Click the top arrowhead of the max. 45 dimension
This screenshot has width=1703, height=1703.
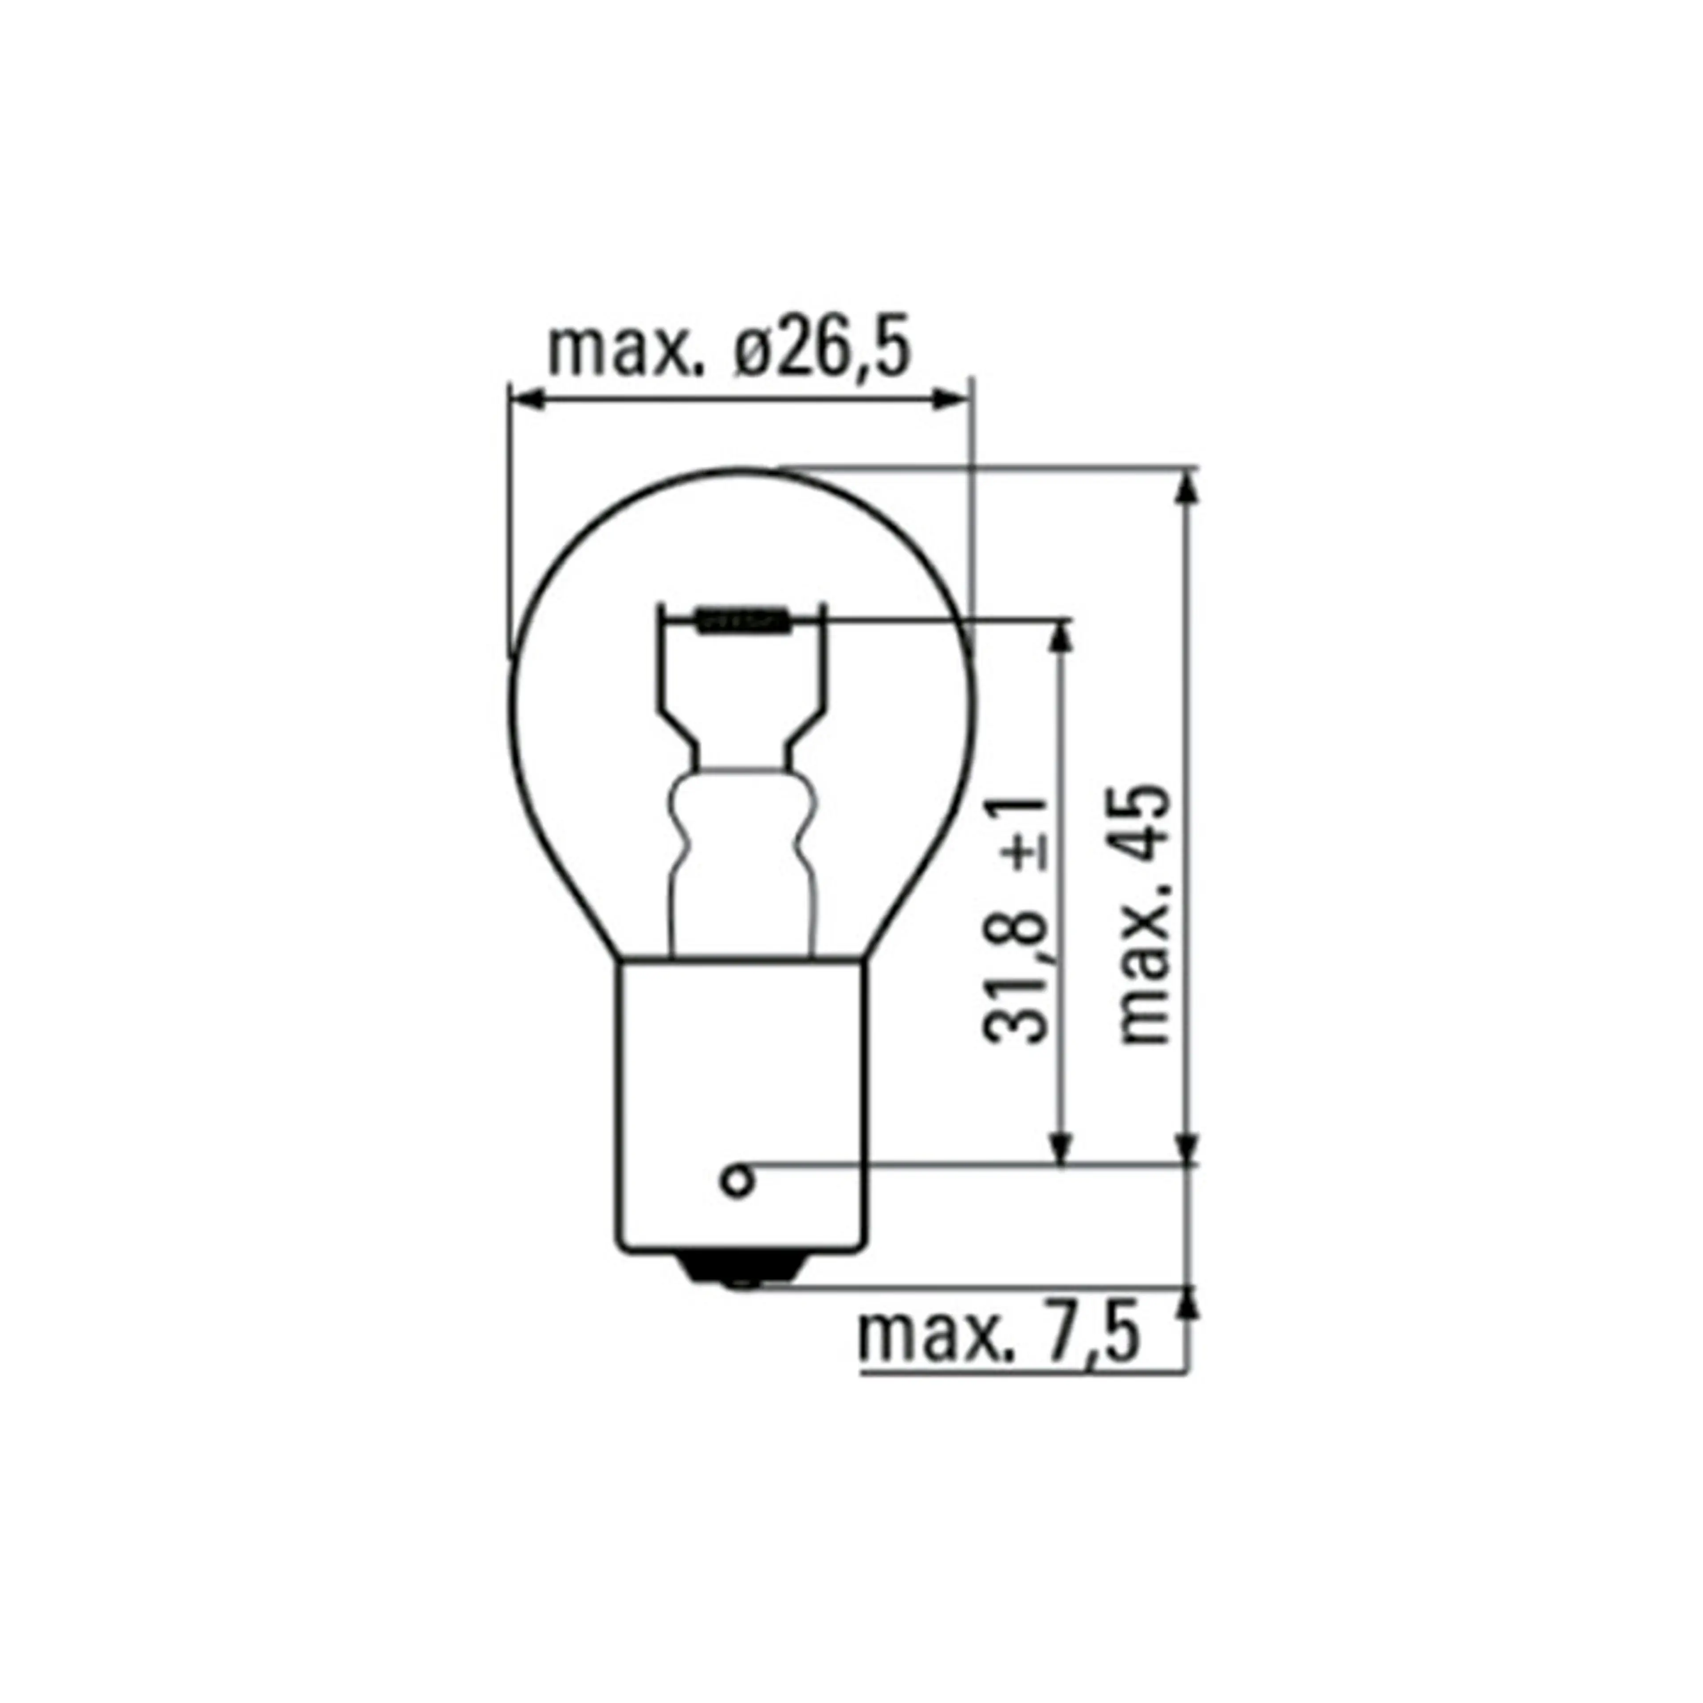pyautogui.click(x=1188, y=487)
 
